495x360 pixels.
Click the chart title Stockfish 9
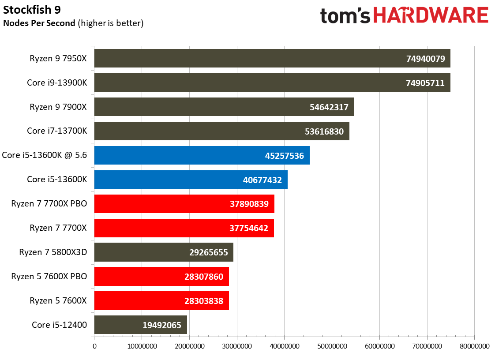tap(32, 10)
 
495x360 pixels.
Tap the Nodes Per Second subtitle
tap(39, 23)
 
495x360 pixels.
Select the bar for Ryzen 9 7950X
tap(272, 58)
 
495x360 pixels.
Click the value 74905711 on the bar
tap(425, 83)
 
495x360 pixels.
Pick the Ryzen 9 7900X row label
tap(58, 107)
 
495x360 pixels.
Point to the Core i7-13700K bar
tap(221, 131)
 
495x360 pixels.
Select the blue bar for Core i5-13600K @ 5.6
tap(202, 155)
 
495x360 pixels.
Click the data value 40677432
tap(262, 180)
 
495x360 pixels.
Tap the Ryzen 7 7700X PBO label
tap(49, 204)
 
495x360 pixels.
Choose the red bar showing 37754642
tap(184, 228)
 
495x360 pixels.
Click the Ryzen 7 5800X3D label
tap(53, 252)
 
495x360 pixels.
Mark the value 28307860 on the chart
tap(204, 277)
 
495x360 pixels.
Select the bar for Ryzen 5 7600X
tap(161, 300)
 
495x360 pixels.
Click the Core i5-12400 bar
tap(140, 325)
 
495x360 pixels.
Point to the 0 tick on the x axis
tap(94, 346)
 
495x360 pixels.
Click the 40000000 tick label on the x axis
tap(285, 346)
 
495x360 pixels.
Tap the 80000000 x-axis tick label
tap(474, 346)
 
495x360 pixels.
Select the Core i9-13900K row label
tap(57, 83)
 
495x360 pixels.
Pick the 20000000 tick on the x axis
tap(189, 346)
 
